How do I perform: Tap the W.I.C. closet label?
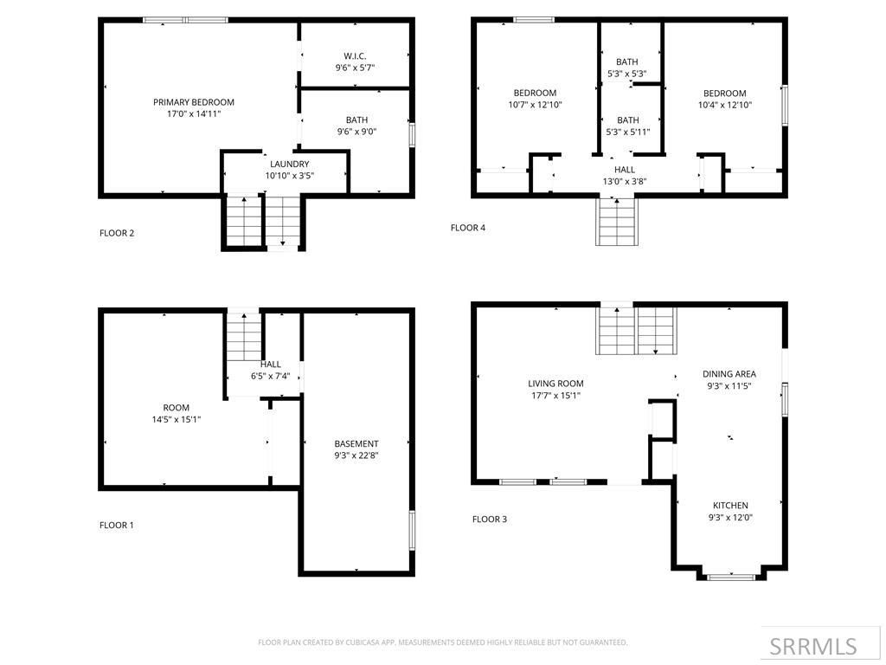pos(355,56)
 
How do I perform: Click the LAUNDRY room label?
pos(289,164)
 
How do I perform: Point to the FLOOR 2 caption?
pos(117,233)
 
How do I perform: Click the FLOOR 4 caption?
pos(468,228)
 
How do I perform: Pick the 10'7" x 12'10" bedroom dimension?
pos(535,105)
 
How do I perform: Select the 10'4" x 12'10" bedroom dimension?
pos(724,105)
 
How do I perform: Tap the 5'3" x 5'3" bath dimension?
pos(627,74)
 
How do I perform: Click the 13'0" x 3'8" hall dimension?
pos(625,182)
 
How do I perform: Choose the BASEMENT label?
pos(356,443)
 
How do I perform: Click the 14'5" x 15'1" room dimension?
pos(176,419)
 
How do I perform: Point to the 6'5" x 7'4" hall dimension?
pos(271,376)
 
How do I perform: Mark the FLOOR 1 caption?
pos(117,525)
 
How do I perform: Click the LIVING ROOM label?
pos(555,384)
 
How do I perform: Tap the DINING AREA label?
pos(729,374)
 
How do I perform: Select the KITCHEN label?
pos(730,506)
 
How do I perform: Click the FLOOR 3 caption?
pos(490,520)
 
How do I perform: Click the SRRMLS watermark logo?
pos(813,646)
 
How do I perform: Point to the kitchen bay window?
pos(731,576)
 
